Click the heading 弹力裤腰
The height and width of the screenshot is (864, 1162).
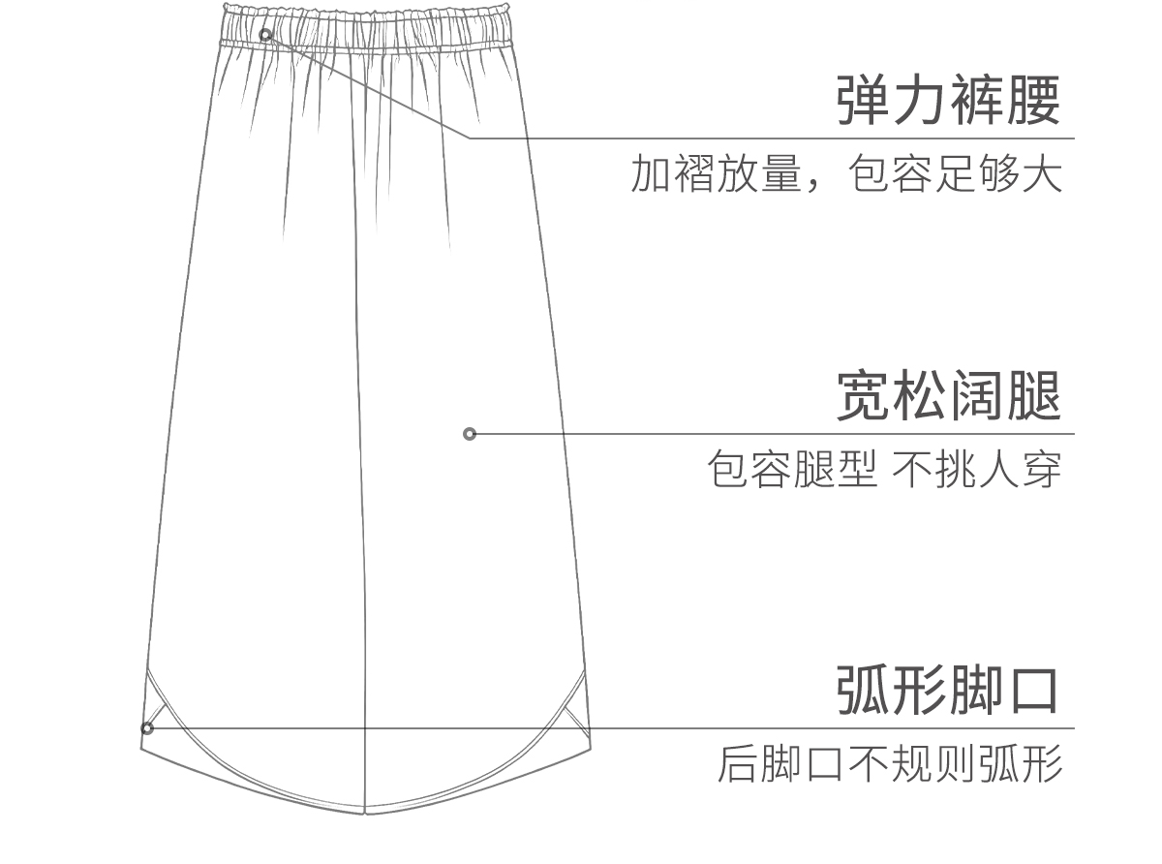click(x=948, y=100)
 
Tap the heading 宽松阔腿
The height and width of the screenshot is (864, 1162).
click(x=948, y=395)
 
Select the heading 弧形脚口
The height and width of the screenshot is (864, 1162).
click(x=947, y=690)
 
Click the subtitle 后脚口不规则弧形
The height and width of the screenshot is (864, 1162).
click(x=890, y=764)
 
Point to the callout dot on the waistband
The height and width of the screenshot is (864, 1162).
click(x=265, y=35)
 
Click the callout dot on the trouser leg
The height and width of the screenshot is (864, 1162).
click(x=470, y=434)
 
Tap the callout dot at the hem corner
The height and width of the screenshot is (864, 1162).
click(x=147, y=728)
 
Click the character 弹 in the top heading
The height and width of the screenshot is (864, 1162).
click(x=864, y=100)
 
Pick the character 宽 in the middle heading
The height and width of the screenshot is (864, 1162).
click(x=864, y=395)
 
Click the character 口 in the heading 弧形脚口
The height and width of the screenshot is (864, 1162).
click(x=1033, y=691)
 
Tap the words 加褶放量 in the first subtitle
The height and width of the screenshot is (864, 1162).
click(x=717, y=173)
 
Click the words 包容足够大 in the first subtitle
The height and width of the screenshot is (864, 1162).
click(x=955, y=173)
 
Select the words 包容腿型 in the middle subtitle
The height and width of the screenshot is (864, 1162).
click(x=792, y=469)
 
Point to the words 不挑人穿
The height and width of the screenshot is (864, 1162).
click(x=977, y=469)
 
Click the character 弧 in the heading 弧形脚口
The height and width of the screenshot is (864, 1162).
click(x=864, y=690)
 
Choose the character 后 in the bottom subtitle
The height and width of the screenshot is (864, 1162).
click(x=739, y=764)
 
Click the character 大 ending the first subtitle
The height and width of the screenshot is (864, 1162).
click(x=1042, y=173)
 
